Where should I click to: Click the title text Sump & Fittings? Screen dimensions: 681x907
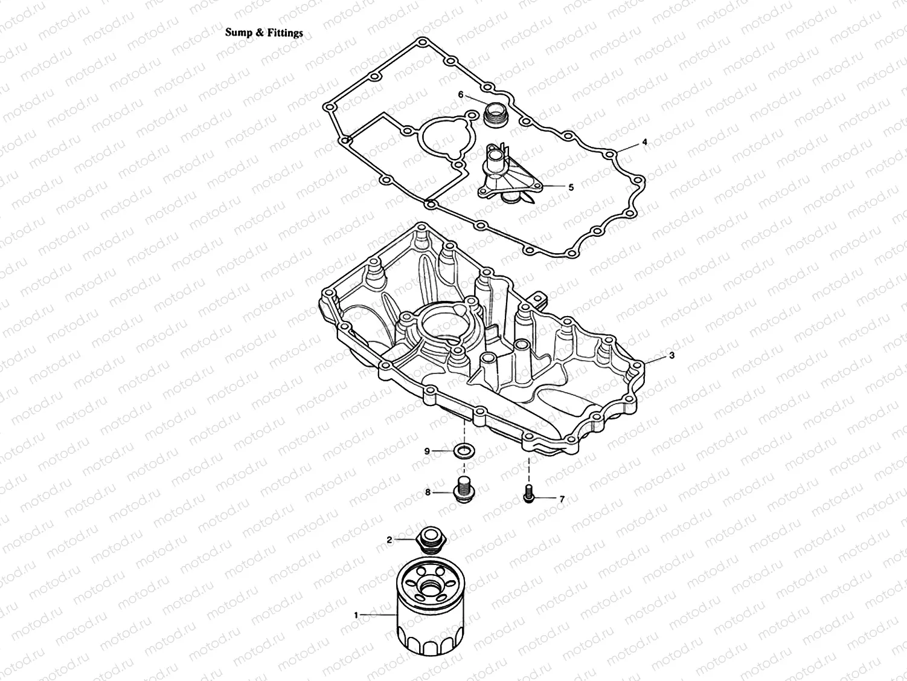click(x=264, y=33)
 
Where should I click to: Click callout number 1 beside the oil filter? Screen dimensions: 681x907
click(x=356, y=615)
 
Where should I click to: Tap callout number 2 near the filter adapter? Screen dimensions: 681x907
click(x=389, y=539)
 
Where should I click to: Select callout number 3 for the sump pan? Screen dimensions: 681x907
click(x=671, y=357)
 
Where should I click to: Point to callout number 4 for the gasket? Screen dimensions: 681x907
click(x=644, y=142)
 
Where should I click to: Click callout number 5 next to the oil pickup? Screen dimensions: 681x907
click(x=571, y=187)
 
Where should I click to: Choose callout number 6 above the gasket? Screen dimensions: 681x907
click(x=461, y=95)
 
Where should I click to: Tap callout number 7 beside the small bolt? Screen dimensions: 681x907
click(x=562, y=499)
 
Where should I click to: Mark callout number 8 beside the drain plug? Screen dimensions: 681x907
click(x=428, y=492)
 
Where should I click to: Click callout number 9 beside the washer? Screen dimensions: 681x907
click(x=426, y=451)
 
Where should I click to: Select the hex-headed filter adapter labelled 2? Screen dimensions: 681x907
click(x=431, y=539)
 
